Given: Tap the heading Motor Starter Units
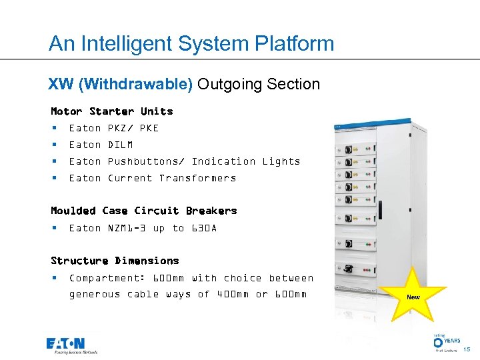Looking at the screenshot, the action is (x=111, y=111).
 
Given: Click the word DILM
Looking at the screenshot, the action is (x=120, y=145).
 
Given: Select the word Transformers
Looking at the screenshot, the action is (x=197, y=178).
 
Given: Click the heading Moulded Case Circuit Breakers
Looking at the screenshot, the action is (x=143, y=211).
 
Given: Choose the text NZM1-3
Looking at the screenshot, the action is (x=127, y=228).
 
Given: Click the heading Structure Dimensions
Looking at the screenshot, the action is (x=115, y=261).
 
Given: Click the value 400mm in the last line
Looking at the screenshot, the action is (x=233, y=294).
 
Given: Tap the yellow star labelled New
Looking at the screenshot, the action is (x=413, y=296).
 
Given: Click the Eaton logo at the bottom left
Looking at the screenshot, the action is (x=72, y=345).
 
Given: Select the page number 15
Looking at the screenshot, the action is (x=467, y=349).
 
